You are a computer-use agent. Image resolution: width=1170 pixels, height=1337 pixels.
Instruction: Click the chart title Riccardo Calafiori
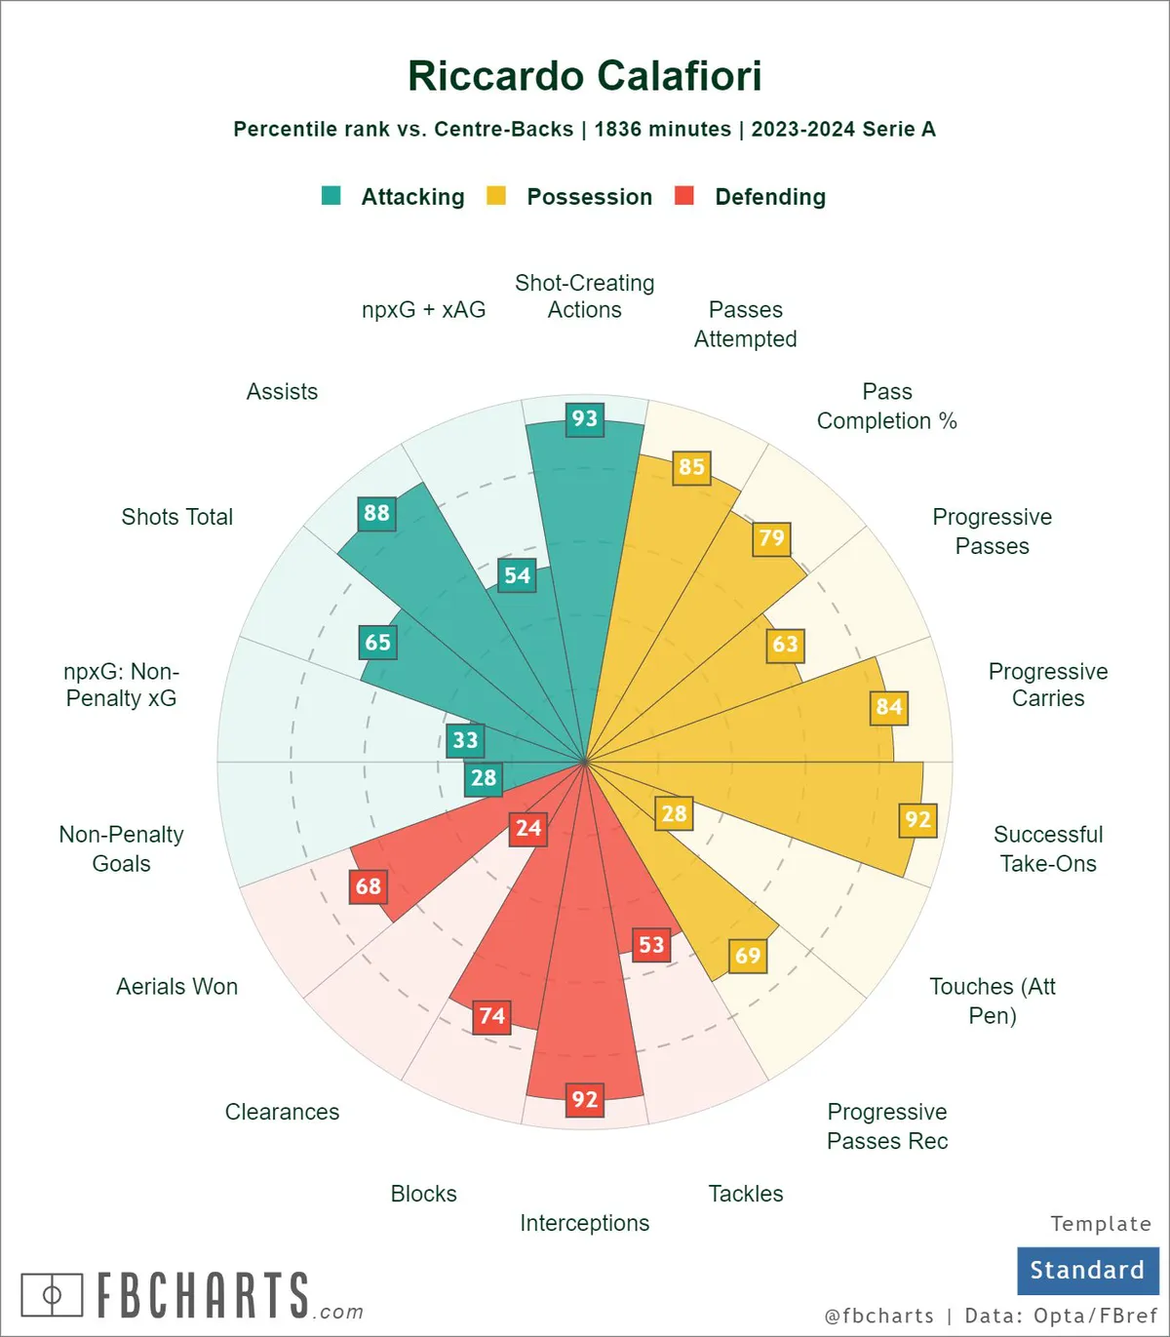tap(584, 76)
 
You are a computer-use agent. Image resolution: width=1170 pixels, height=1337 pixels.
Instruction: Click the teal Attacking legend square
tap(331, 196)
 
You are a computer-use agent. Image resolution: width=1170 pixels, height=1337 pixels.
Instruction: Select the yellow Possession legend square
tap(496, 196)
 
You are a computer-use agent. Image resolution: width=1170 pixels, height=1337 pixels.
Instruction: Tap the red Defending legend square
tap(684, 196)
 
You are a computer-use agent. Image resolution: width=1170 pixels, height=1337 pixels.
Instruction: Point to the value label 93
tap(585, 419)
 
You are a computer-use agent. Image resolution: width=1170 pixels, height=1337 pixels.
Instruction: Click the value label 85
tap(691, 467)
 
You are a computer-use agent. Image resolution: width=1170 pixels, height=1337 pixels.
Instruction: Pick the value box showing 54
tap(517, 575)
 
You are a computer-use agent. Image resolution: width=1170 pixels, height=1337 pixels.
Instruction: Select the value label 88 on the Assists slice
tap(376, 513)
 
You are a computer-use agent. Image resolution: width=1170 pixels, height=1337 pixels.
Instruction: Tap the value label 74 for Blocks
tap(491, 1016)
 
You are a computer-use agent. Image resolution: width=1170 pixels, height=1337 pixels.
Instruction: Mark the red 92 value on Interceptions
tap(585, 1100)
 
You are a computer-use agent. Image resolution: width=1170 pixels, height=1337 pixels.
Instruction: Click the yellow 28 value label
tap(674, 813)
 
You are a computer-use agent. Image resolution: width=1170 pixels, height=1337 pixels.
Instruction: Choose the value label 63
tap(785, 645)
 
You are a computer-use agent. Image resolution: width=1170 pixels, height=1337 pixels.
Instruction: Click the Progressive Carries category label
tap(1048, 685)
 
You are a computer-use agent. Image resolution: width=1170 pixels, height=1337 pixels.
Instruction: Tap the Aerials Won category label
tap(176, 987)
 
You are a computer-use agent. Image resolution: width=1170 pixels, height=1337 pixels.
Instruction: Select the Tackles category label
tap(746, 1194)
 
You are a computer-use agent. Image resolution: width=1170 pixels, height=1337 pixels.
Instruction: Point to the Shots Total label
tap(176, 517)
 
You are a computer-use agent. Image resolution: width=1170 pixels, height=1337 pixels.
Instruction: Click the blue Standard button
tap(1087, 1270)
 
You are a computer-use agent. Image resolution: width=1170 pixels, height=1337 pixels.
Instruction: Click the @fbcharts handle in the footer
tap(878, 1316)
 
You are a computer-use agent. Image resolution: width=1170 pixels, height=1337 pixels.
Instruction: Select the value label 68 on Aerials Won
tap(369, 886)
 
